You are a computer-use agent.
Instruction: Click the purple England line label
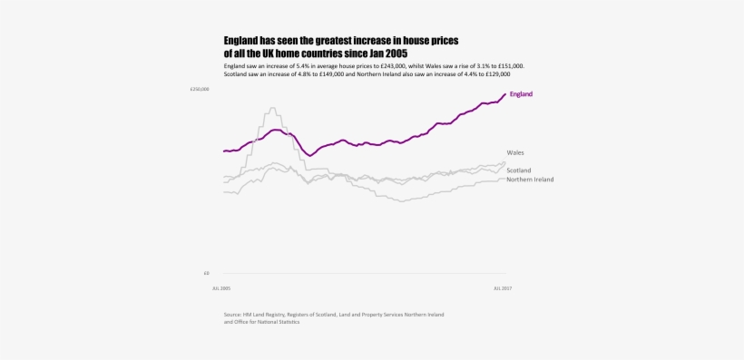521,94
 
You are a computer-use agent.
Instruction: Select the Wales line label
515,152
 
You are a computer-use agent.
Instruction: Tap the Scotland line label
519,170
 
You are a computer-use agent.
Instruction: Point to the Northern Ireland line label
530,180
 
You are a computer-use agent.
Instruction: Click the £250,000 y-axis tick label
200,89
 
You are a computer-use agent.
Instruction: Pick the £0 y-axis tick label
206,273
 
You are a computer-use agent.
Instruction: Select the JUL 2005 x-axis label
221,288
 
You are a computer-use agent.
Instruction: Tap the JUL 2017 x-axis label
503,288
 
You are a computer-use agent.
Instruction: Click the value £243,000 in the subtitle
389,66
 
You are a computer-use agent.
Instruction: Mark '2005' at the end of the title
395,54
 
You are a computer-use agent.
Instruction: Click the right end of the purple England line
505,94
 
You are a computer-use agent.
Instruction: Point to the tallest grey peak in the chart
272,109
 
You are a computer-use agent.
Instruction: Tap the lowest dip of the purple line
310,155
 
